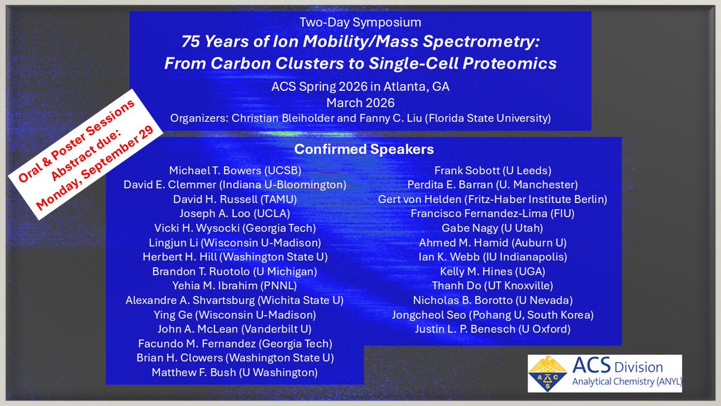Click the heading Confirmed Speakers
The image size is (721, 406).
pos(364,149)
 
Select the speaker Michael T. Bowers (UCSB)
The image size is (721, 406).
pos(235,170)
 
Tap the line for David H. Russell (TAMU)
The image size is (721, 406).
pos(235,199)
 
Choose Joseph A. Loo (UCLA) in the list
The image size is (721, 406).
pos(235,214)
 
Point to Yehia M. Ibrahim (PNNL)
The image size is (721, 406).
pos(235,286)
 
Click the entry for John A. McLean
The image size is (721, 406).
pos(234,329)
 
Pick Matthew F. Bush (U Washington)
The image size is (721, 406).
pos(235,372)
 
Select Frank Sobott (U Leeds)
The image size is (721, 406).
pos(493,170)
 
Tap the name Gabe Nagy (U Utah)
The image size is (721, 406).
pos(492,228)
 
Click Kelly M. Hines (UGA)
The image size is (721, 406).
pos(493,271)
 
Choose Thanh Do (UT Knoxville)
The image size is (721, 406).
pos(493,286)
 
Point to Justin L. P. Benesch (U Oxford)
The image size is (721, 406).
pos(493,329)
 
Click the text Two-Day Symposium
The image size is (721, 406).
pos(360,22)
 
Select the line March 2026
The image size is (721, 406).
pos(360,103)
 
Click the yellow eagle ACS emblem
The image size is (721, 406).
pos(547,374)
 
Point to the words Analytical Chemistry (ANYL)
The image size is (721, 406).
pos(627,381)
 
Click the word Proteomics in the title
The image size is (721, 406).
pos(510,64)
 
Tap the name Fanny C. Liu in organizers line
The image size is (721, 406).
pos(390,118)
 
